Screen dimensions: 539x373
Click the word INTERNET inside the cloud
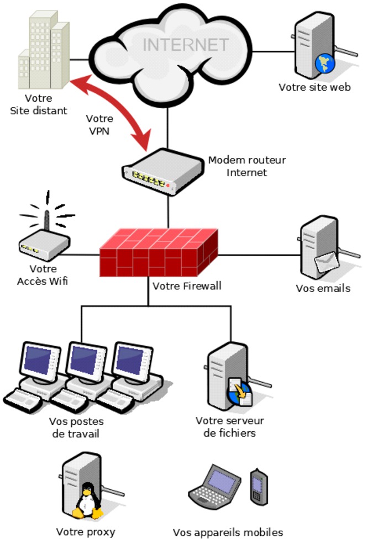click(186, 45)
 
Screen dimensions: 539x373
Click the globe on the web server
click(325, 63)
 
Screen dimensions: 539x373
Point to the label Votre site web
click(314, 87)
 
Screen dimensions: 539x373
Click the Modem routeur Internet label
click(247, 166)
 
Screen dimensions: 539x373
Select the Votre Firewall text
click(187, 286)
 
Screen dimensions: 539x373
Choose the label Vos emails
click(323, 288)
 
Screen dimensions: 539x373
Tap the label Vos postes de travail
click(76, 427)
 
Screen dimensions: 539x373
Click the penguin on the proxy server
click(86, 499)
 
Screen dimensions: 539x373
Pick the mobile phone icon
click(258, 485)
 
